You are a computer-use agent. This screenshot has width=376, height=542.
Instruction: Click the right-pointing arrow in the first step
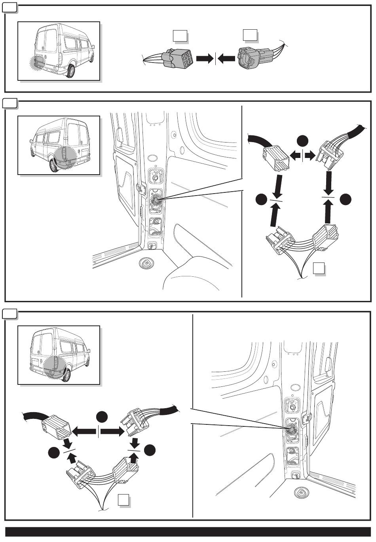tap(204, 59)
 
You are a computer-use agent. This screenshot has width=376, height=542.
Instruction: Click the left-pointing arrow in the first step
tap(226, 59)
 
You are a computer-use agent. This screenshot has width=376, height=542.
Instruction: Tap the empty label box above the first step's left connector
tap(180, 37)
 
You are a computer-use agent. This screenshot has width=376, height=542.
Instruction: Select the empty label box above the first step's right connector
tap(250, 35)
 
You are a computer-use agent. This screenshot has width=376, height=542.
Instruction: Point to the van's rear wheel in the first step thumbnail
tap(71, 71)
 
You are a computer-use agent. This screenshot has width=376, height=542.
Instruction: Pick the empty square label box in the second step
tap(319, 269)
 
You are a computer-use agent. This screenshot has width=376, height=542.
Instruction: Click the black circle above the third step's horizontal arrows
tap(102, 417)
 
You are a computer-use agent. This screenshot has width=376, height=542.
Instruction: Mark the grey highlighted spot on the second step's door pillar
tap(157, 200)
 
